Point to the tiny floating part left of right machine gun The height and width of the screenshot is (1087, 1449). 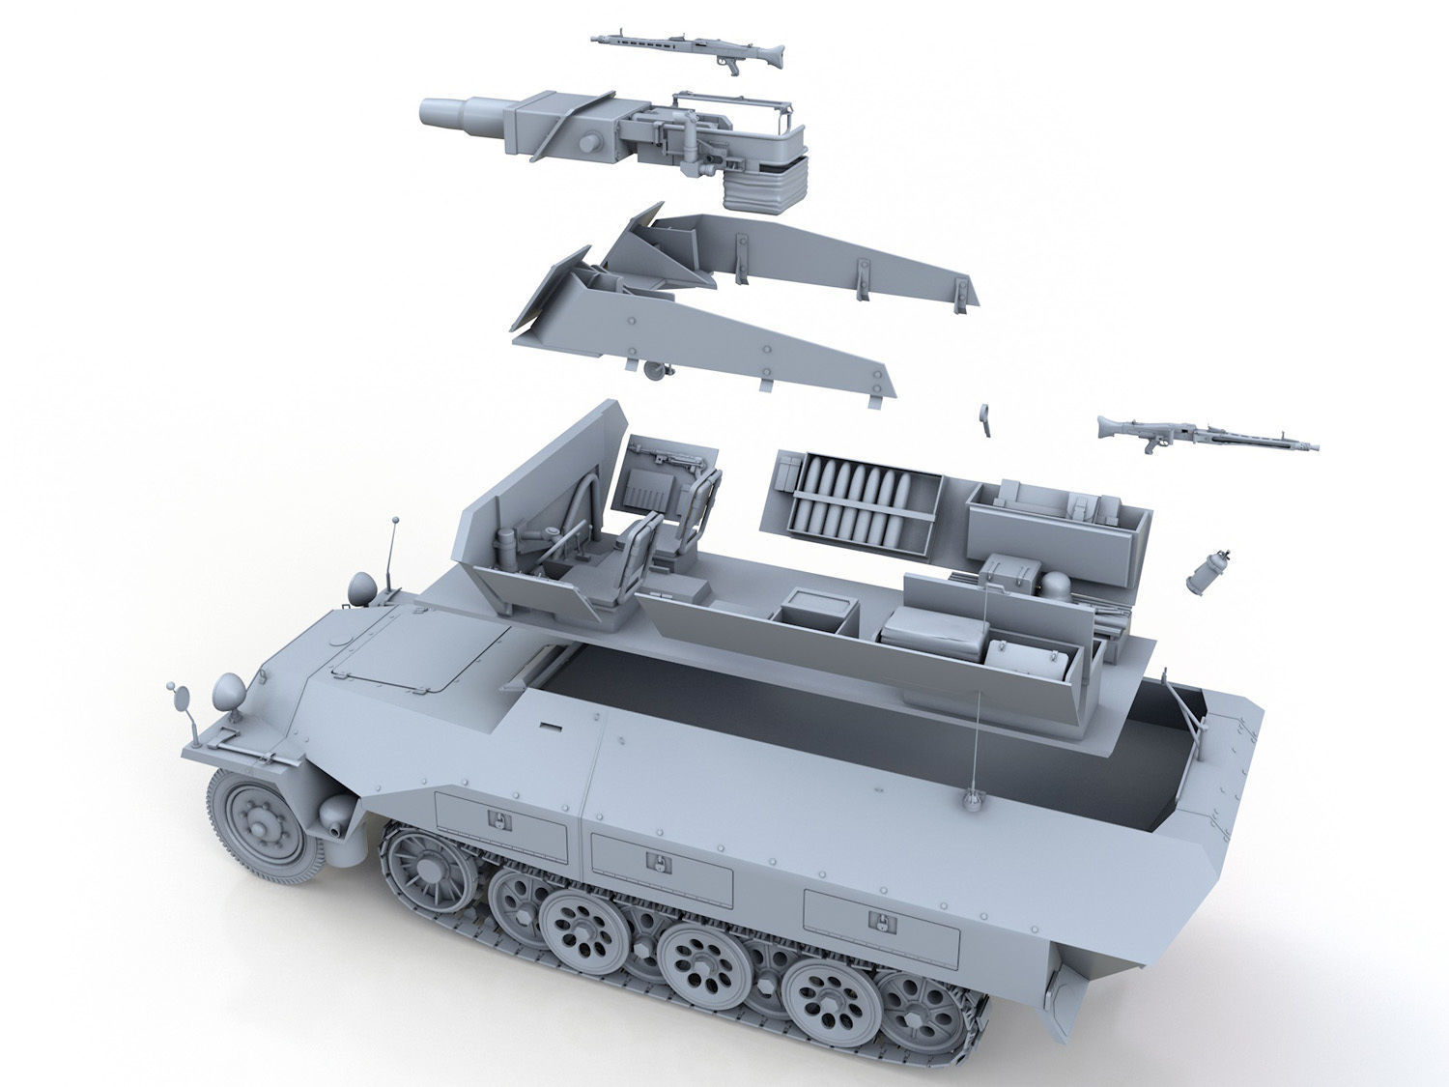click(984, 415)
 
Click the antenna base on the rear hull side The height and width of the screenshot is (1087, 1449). click(972, 798)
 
